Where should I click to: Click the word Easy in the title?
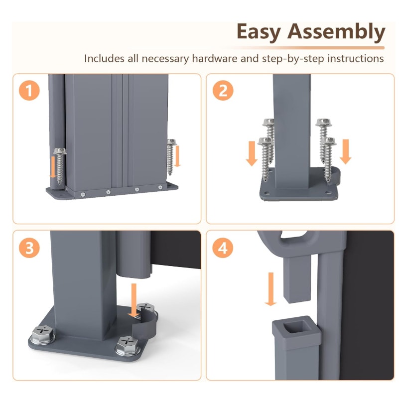tap(259, 32)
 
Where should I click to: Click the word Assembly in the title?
tap(336, 32)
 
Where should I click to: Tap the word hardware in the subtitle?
tap(215, 59)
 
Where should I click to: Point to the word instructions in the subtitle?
tap(356, 59)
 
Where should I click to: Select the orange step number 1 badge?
tap(29, 90)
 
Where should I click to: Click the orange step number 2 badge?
tap(223, 90)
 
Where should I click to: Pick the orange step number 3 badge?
tap(29, 248)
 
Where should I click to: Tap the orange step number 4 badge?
tap(223, 248)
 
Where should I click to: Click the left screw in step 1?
tap(60, 166)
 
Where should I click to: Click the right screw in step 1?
tap(171, 157)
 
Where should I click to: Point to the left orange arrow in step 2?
tap(252, 153)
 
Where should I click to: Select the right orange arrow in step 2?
tap(346, 152)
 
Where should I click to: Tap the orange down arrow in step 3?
tap(133, 300)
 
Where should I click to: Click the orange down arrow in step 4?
tap(270, 289)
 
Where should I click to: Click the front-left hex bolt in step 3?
tap(42, 334)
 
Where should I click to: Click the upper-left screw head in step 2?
tap(268, 122)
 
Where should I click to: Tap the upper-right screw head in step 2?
tap(323, 123)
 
